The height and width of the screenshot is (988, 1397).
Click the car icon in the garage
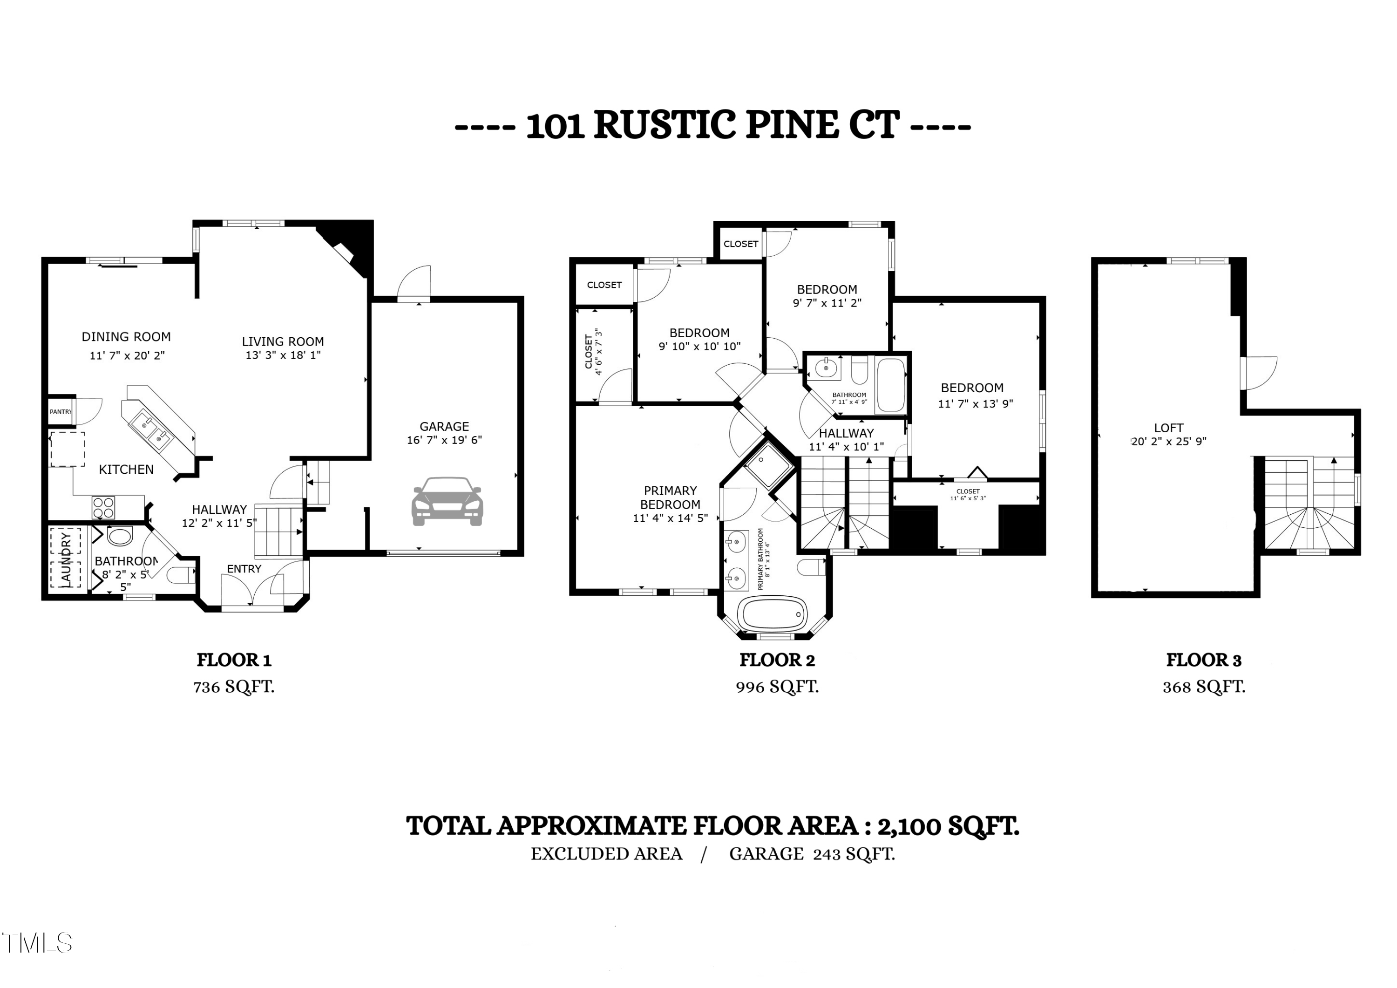click(x=447, y=501)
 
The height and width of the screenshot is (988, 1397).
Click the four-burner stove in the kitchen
click(x=103, y=508)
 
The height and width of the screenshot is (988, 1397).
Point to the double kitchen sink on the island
click(x=153, y=429)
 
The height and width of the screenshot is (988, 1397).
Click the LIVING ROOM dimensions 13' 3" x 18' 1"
click(x=283, y=355)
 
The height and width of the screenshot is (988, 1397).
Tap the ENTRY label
click(x=244, y=569)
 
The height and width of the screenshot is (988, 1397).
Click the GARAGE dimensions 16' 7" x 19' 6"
click(x=444, y=440)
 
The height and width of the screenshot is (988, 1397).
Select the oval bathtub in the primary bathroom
click(x=772, y=613)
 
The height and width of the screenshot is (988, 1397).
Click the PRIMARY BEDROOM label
click(x=670, y=497)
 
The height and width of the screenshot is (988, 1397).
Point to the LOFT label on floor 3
click(x=1168, y=428)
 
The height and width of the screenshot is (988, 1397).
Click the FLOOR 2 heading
click(x=777, y=660)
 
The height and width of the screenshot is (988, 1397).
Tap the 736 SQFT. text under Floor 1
click(x=234, y=687)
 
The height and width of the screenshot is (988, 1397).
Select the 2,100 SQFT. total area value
click(x=948, y=826)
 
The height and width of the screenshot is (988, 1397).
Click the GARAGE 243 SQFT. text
click(x=812, y=854)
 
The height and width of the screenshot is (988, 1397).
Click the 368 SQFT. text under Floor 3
click(x=1203, y=687)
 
